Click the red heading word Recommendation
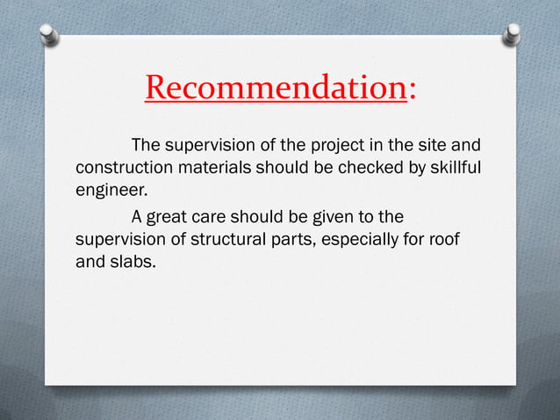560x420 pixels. click(275, 88)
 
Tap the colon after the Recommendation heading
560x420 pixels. click(412, 88)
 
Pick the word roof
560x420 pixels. click(447, 238)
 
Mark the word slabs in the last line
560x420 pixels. click(133, 261)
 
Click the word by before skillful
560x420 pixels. click(411, 166)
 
